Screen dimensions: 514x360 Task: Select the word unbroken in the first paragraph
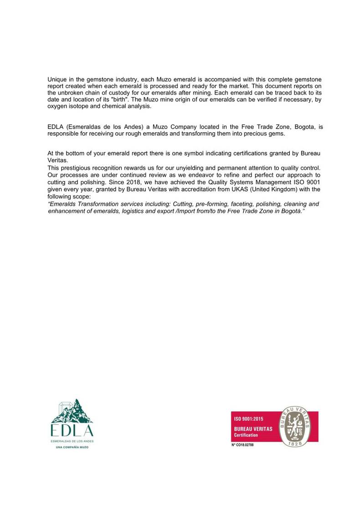click(72, 93)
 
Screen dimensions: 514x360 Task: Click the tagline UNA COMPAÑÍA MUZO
click(72, 447)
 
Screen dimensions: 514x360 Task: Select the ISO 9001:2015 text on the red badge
click(248, 419)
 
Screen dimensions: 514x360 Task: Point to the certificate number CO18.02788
click(242, 445)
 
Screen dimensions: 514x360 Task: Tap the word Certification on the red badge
click(246, 435)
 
